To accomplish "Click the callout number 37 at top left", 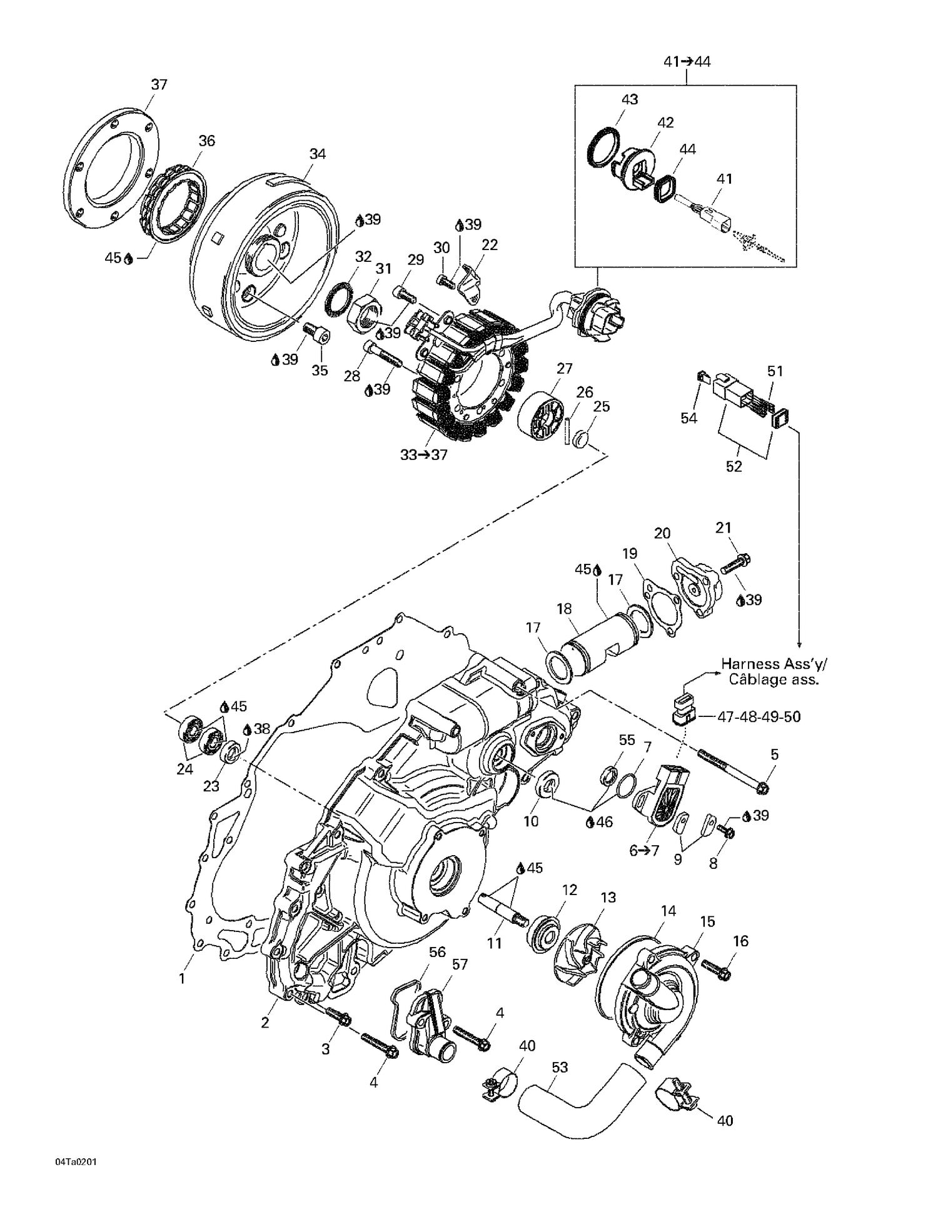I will [x=159, y=84].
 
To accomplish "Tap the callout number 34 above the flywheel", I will [x=318, y=154].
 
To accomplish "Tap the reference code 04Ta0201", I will [x=76, y=1161].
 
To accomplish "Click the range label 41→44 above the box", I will [x=687, y=62].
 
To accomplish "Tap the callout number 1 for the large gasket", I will [x=182, y=978].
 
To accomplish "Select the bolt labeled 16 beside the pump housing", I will [x=717, y=969].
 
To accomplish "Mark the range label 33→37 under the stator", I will [x=424, y=455].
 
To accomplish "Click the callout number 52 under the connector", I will [x=734, y=466].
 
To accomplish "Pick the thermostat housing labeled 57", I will [x=425, y=1031].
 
